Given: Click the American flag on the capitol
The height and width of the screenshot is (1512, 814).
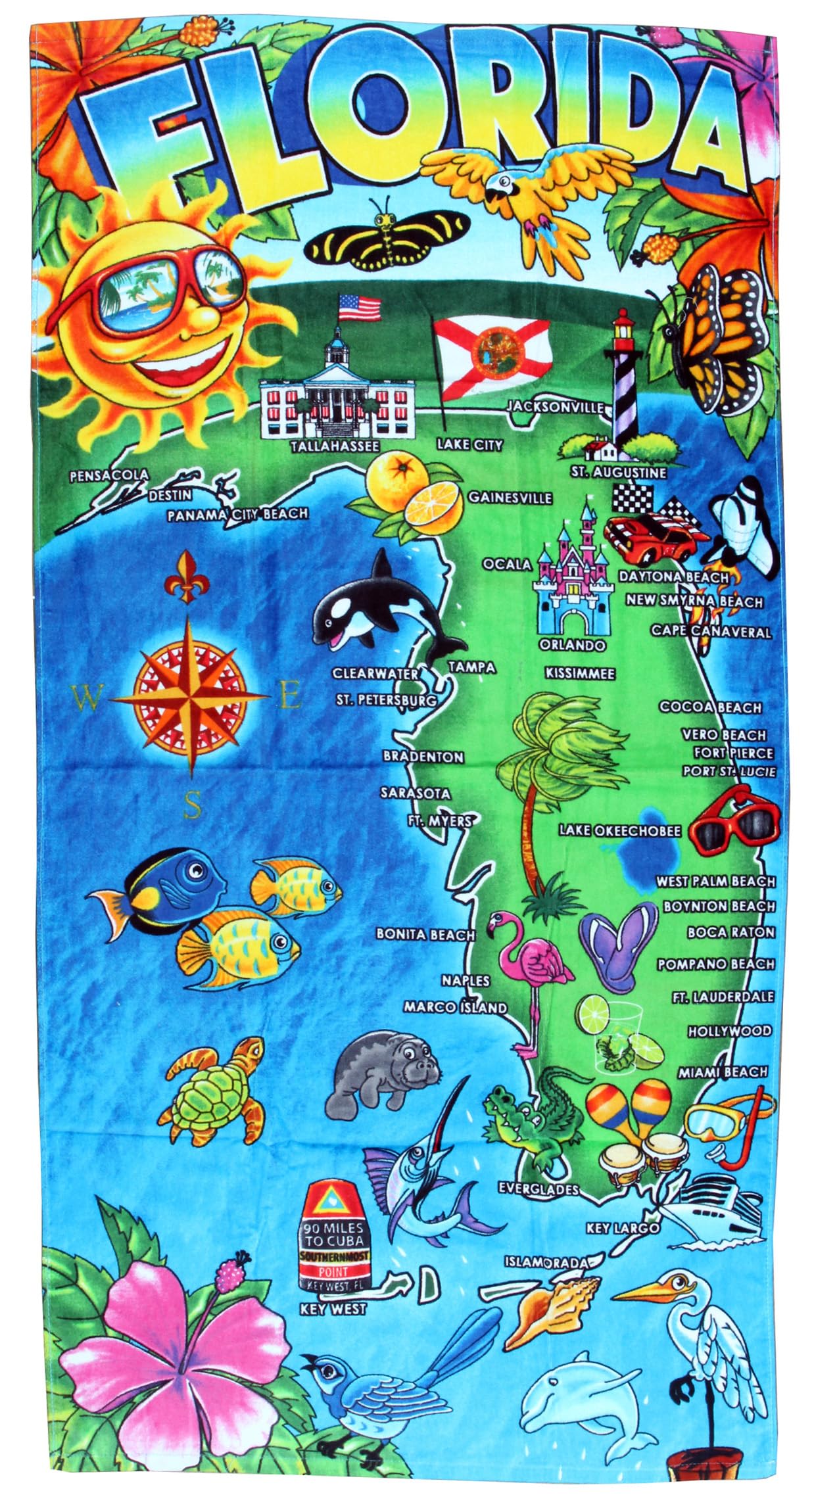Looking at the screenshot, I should coord(359,306).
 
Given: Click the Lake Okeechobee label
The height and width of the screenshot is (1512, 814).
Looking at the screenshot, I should coord(619,831).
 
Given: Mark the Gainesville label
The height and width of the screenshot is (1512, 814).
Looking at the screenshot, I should coord(510,497).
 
